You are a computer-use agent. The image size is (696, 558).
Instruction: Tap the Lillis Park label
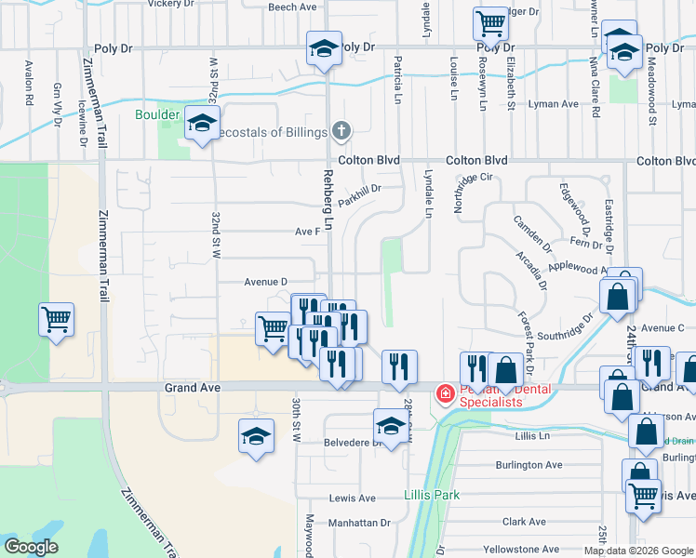[x=432, y=495]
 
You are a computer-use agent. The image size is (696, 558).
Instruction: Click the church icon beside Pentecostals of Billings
[x=341, y=131]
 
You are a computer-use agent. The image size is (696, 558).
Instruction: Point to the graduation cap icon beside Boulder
[x=201, y=123]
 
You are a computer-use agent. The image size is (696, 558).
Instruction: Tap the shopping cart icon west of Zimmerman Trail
[x=57, y=321]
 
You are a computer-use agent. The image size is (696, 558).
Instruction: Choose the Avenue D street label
[x=266, y=281]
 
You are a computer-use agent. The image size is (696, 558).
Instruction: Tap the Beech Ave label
[x=293, y=7]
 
